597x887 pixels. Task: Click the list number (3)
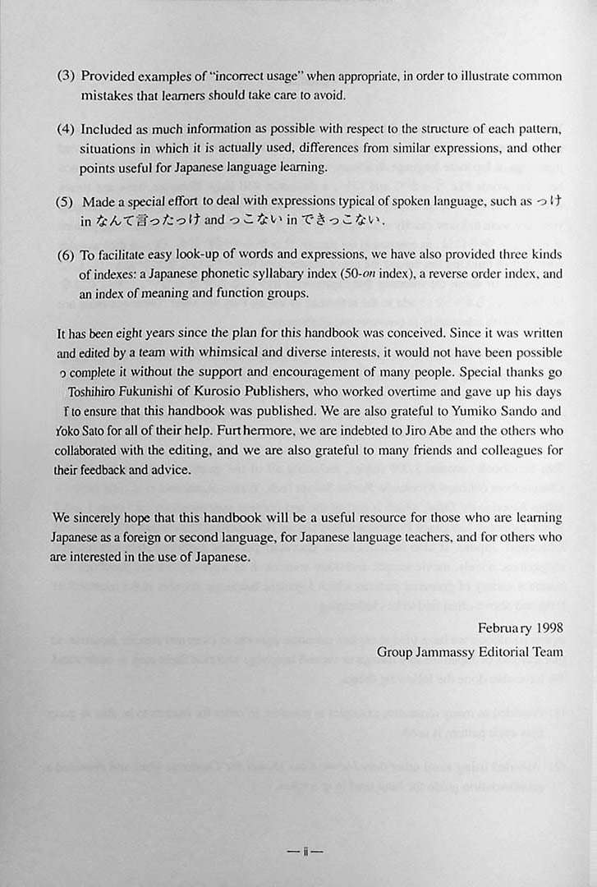(x=67, y=76)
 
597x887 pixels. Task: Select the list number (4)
(x=67, y=130)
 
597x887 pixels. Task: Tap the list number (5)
(x=67, y=202)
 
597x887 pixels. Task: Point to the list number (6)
(x=67, y=255)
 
